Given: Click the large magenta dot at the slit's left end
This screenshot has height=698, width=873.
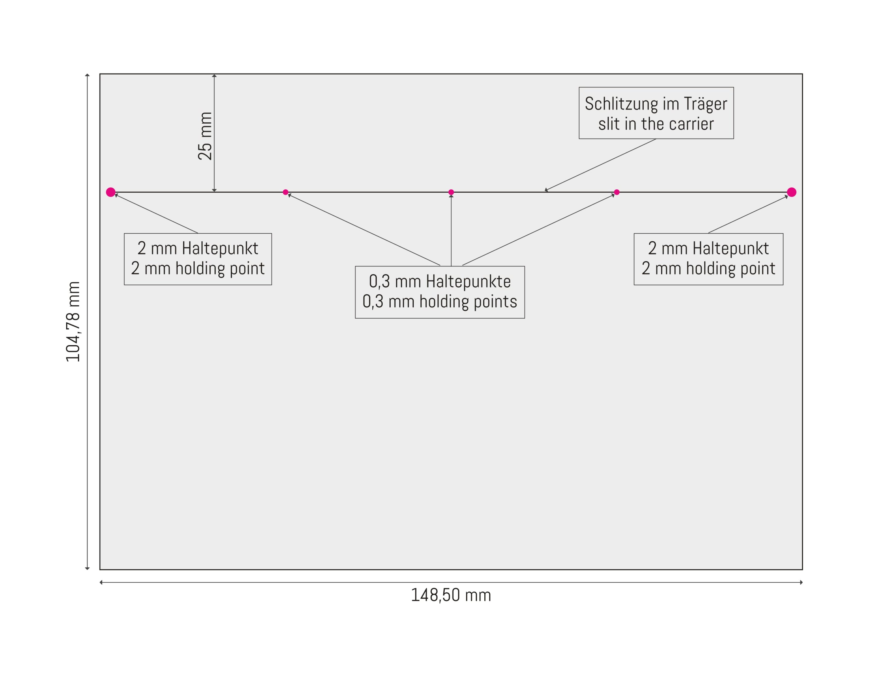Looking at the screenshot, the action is pos(111,192).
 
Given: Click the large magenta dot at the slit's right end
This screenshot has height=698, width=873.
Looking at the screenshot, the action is pos(792,192).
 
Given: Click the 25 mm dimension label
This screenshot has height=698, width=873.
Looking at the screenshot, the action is pos(205,136).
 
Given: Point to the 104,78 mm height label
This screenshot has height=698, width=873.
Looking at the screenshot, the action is pos(73,322).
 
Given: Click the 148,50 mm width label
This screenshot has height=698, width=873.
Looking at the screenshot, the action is pos(451,595).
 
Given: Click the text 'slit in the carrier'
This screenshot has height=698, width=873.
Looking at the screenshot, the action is pos(656,124).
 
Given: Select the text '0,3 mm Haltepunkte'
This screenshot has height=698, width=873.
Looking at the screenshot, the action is pos(440,281).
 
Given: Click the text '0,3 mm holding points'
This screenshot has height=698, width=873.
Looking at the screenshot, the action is pos(440,302).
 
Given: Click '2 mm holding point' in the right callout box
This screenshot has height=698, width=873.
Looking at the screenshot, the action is pos(709,268).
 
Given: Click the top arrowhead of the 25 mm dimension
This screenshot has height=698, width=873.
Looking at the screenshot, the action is pos(214,76).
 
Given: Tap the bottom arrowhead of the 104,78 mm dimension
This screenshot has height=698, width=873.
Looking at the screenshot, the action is pos(87,568).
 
